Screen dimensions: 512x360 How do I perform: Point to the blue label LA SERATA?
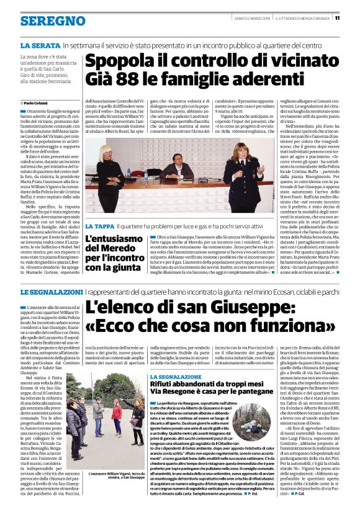point(40,46)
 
